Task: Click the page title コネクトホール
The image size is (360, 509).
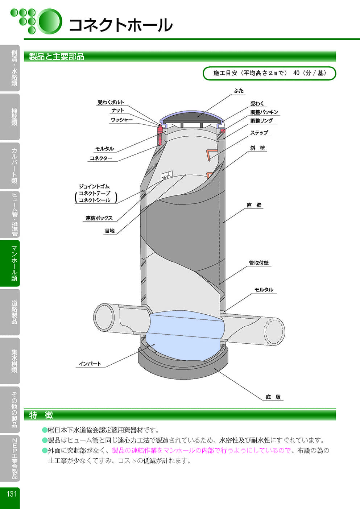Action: pos(120,25)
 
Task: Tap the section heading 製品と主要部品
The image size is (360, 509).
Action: pos(57,57)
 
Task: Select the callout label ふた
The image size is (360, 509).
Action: pos(239,91)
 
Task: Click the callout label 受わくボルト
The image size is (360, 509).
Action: pos(111,102)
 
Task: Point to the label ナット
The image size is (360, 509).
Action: pos(117,110)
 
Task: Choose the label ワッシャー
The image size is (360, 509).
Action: pos(121,120)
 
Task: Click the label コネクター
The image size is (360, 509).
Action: pos(101,158)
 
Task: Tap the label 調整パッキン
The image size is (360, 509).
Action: pos(264,112)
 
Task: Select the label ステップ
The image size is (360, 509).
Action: pos(259,133)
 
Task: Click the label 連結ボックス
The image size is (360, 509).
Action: pos(99,218)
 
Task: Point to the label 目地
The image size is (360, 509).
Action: pos(109,231)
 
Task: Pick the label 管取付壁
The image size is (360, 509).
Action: pos(259,263)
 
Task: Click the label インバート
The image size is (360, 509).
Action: pos(90,364)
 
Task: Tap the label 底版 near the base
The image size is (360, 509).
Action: pos(273,397)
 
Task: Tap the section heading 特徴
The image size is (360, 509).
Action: pos(41,415)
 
